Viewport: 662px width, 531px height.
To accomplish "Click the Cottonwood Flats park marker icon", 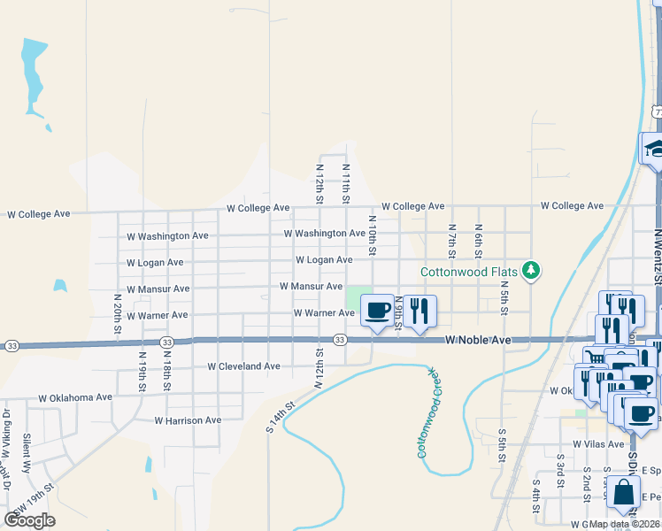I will tap(531, 270).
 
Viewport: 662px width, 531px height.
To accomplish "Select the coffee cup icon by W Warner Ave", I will tap(378, 311).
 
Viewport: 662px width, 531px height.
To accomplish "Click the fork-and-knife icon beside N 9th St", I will tap(420, 311).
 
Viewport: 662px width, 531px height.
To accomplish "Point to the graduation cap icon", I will tap(655, 148).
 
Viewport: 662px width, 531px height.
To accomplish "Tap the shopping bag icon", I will tap(623, 494).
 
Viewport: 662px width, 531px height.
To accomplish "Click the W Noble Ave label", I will tap(478, 340).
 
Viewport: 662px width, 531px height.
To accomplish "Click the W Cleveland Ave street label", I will tap(243, 366).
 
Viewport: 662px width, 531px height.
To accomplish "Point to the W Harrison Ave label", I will tap(188, 420).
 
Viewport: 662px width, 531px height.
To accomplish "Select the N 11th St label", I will tap(346, 181).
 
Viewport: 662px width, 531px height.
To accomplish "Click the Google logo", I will tap(29, 519).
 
